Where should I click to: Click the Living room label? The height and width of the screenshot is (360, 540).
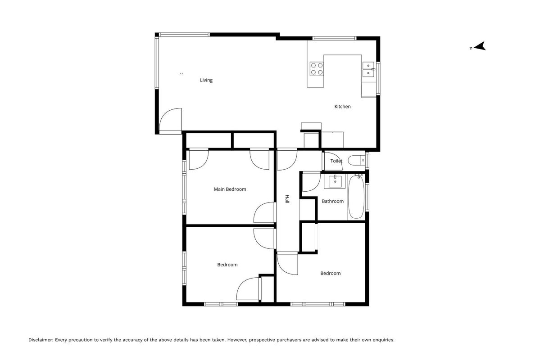click(x=206, y=80)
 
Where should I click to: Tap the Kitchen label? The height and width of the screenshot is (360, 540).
click(x=342, y=107)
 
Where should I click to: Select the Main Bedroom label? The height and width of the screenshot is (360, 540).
click(x=230, y=189)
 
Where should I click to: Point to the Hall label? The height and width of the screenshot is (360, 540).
click(x=287, y=199)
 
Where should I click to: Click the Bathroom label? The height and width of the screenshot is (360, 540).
click(x=332, y=201)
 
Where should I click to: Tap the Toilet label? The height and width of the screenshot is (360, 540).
click(x=336, y=161)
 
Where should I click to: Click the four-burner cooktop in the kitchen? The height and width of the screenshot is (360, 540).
click(x=317, y=68)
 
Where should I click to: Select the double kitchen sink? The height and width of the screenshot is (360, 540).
click(x=368, y=69)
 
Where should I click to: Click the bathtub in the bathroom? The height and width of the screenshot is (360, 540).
click(x=356, y=197)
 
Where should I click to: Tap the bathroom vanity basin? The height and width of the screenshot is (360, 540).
click(x=335, y=181)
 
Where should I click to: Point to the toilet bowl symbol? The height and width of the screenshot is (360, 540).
click(x=356, y=160)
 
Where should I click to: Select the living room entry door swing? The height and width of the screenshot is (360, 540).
click(x=171, y=121)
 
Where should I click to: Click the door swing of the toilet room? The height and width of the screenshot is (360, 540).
click(x=333, y=161)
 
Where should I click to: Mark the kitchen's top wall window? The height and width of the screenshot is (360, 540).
click(x=334, y=38)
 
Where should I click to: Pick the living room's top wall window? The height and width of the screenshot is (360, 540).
click(x=184, y=34)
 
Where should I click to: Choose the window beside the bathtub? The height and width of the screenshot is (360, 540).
click(x=367, y=197)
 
